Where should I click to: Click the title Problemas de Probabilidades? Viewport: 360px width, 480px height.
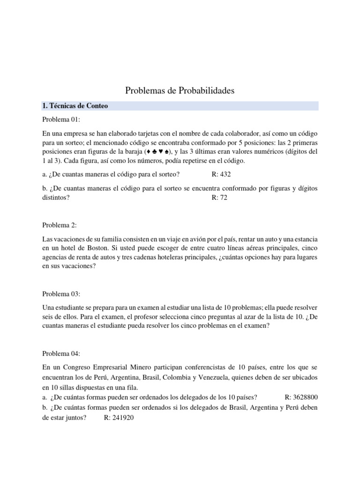point(180,90)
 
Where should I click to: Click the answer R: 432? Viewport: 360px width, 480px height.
point(221,174)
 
